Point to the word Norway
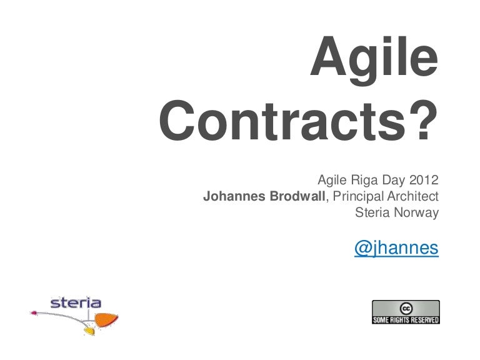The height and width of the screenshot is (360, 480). pos(416,212)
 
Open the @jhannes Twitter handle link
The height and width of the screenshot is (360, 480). pos(396,248)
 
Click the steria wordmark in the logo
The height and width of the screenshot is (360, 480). pos(76,304)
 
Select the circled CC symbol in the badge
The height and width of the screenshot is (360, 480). pos(406,308)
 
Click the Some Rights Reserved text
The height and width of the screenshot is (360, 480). pos(406,320)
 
